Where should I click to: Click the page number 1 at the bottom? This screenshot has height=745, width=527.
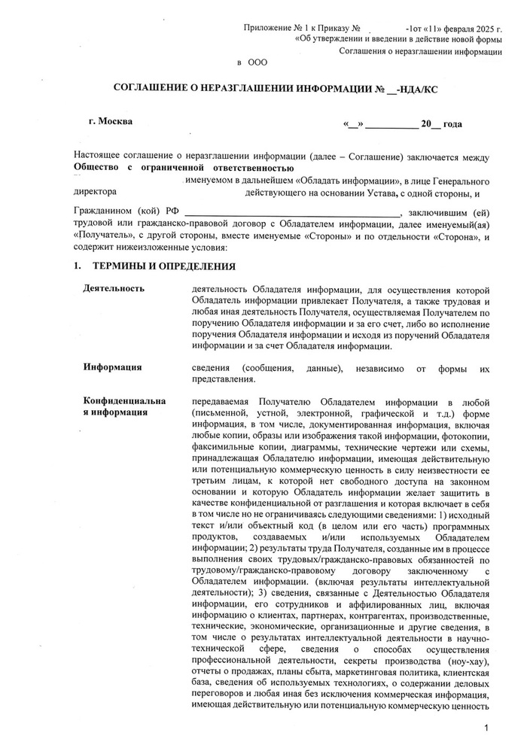pos(488,728)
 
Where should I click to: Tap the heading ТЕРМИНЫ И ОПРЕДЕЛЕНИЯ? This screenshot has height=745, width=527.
pos(164,266)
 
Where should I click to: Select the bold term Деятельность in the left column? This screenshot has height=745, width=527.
pos(114,289)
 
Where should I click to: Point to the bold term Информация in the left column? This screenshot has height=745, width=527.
pos(113,367)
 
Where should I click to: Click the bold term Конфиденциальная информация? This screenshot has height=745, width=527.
pos(125,406)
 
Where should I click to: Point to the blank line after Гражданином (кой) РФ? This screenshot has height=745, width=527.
pos(294,214)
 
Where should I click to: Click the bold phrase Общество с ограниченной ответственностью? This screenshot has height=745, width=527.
pos(184,168)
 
